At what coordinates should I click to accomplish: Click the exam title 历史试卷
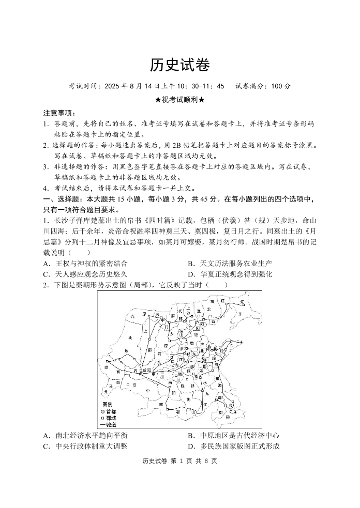[x=179, y=65]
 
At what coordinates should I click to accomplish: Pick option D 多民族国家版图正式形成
[x=234, y=447]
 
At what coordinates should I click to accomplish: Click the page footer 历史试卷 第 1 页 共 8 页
[x=179, y=461]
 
